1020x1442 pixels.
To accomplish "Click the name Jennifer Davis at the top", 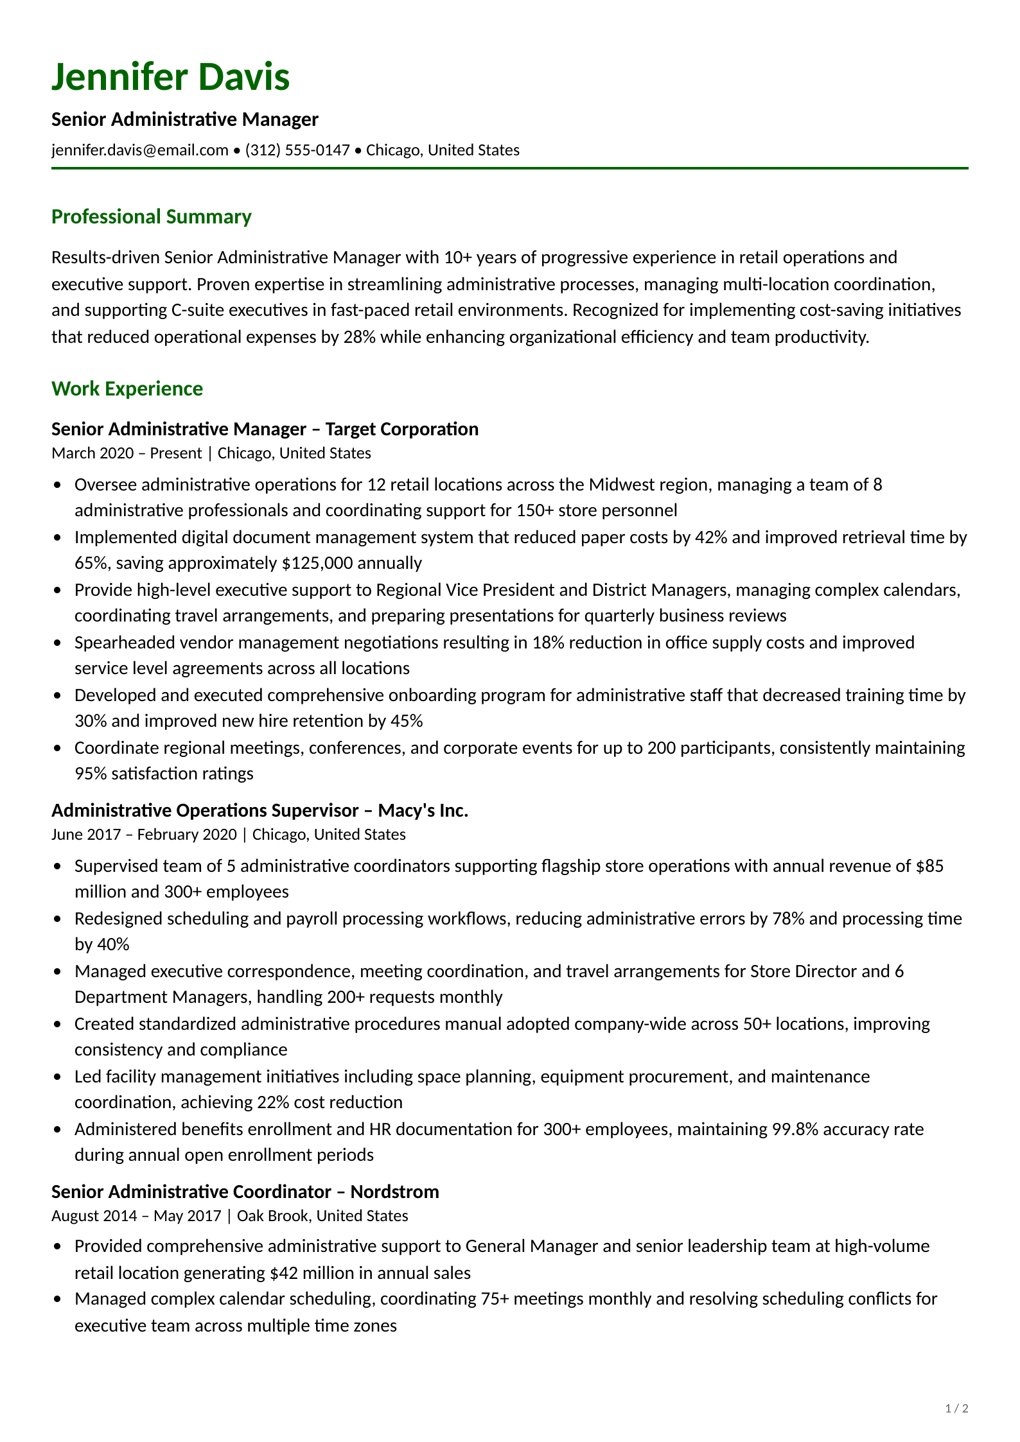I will pos(170,77).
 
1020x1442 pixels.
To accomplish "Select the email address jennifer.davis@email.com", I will pos(139,150).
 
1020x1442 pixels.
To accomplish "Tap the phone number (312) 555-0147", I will pos(297,150).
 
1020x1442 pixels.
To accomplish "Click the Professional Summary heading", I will pos(151,217).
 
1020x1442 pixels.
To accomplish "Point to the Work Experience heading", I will pos(127,389).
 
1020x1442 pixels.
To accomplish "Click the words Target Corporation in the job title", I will pos(401,429).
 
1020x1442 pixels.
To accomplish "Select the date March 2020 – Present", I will pos(127,453).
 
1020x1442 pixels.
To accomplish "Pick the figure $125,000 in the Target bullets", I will pos(317,563).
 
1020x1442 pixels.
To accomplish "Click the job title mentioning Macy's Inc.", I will pos(259,810).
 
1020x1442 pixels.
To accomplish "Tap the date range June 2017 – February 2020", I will pos(144,835).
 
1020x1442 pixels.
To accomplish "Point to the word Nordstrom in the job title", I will pos(394,1192).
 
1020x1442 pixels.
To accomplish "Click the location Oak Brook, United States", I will pos(322,1216).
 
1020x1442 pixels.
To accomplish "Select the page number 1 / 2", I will pos(956,1409).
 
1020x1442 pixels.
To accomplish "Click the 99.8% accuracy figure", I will pos(795,1129).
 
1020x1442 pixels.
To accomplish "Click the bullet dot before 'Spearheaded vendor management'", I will pos(58,643).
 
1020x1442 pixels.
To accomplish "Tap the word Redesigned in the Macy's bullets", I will pos(118,919).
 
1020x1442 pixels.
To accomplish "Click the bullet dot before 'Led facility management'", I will pos(58,1077).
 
